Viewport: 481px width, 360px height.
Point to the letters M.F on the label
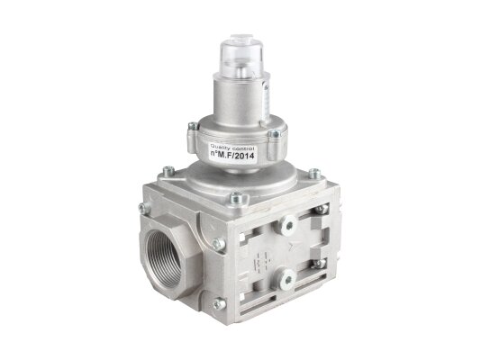pyautogui.click(x=224, y=157)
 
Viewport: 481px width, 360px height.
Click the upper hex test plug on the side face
pyautogui.click(x=287, y=224)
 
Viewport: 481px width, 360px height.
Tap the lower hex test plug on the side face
pyautogui.click(x=287, y=278)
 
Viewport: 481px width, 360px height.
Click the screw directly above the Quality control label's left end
pyautogui.click(x=193, y=126)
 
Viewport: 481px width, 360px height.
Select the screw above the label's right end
pyautogui.click(x=274, y=134)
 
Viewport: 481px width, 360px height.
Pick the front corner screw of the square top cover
pyautogui.click(x=235, y=199)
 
